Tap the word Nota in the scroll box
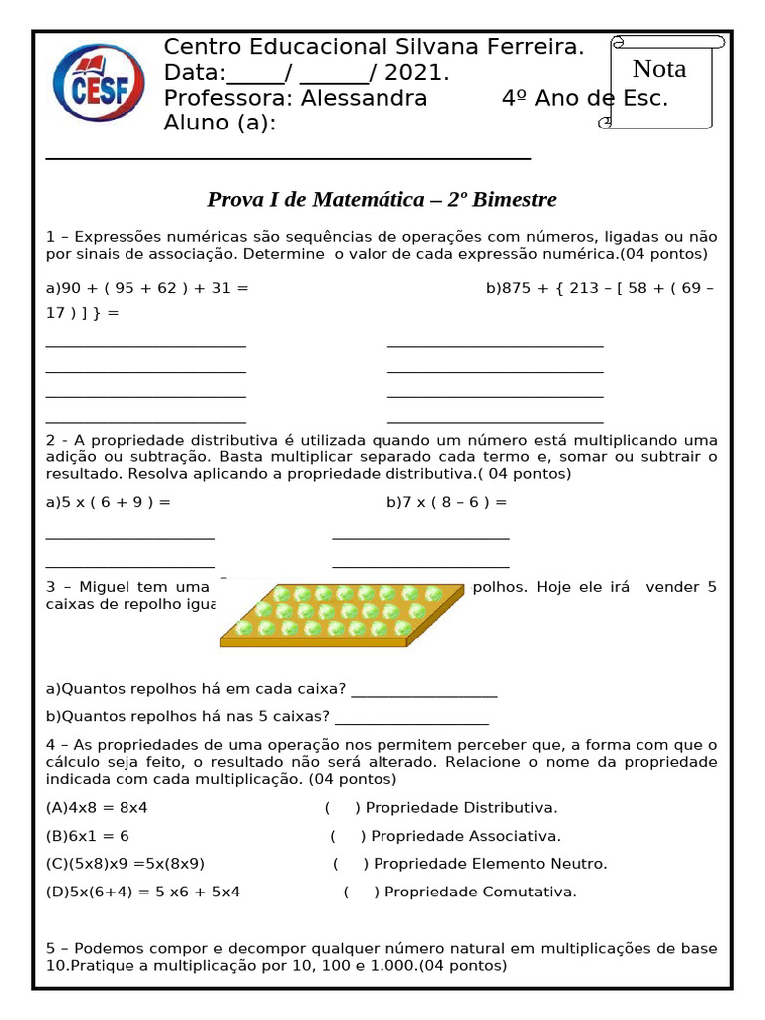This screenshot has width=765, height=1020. click(659, 69)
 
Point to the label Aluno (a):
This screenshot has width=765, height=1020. click(219, 123)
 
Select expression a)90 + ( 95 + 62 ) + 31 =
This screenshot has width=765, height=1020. click(147, 288)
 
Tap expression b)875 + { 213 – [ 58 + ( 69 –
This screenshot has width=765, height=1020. click(600, 288)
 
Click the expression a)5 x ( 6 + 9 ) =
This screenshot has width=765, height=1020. click(109, 502)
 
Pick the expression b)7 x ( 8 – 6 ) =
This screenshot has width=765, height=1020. click(447, 502)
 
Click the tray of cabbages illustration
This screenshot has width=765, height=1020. click(341, 615)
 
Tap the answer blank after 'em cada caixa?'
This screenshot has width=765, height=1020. click(424, 690)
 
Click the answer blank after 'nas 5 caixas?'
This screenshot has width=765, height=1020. click(411, 716)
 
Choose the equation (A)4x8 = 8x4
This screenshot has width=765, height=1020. click(97, 807)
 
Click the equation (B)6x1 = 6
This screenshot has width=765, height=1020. click(88, 835)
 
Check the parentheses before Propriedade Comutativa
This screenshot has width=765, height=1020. click(361, 892)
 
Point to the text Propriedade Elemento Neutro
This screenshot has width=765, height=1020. click(489, 864)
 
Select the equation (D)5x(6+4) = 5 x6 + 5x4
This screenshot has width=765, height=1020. click(142, 892)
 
